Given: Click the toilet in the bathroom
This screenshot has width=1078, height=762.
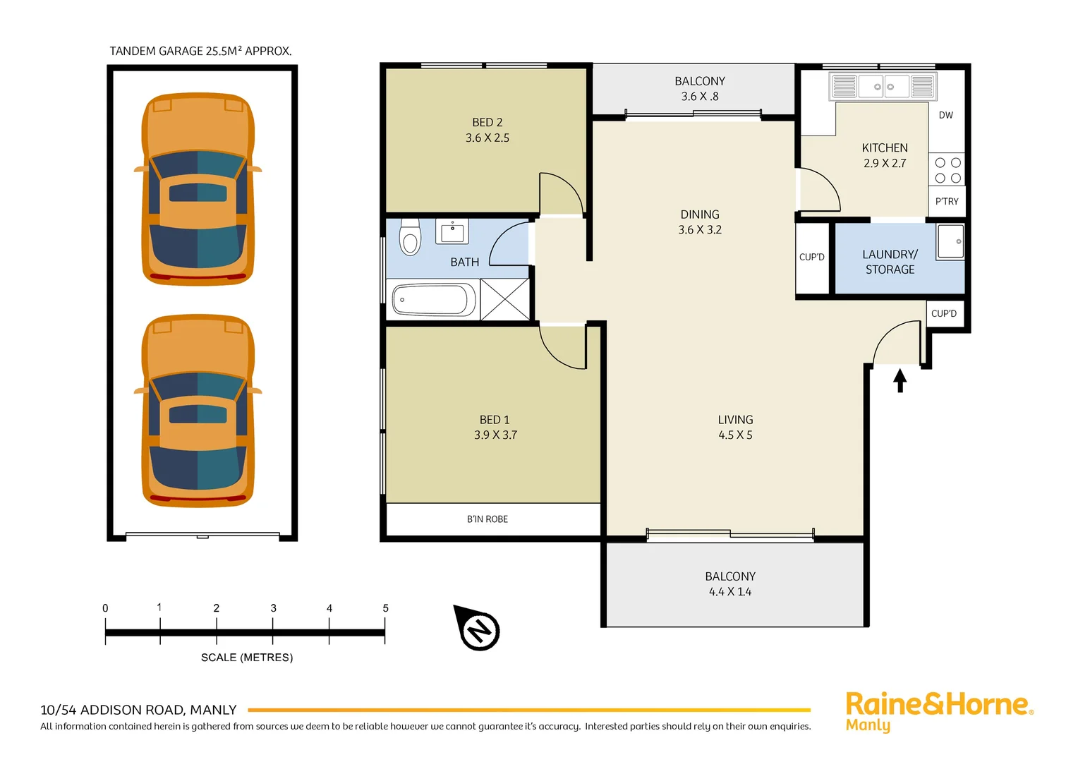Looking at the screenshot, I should (410, 237).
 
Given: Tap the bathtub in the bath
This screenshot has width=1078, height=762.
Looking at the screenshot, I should (434, 300).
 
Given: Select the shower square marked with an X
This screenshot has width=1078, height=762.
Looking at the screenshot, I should (505, 299).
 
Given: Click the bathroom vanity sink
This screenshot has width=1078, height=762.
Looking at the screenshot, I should (452, 231).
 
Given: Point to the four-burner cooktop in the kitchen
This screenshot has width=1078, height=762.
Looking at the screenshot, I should (947, 170).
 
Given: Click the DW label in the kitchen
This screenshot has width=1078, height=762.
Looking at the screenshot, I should (945, 115).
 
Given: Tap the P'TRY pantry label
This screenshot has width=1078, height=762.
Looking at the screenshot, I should (946, 201).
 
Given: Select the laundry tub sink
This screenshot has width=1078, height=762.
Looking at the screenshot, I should (950, 241).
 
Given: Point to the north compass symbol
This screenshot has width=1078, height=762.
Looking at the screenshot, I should (479, 628).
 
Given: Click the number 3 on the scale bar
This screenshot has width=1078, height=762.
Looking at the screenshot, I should (273, 608).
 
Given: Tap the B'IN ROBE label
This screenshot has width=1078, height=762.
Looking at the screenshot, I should (487, 519).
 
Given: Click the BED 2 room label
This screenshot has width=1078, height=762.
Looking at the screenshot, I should (487, 123).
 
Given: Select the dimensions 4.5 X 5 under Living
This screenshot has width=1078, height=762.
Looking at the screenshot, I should (735, 435).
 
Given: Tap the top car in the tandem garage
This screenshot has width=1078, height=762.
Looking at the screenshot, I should (198, 189).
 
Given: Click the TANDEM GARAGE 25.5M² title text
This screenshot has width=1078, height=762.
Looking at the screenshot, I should (200, 51).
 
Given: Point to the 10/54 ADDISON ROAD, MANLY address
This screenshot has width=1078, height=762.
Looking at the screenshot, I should (138, 710).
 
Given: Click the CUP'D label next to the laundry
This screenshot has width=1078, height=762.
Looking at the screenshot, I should (811, 258).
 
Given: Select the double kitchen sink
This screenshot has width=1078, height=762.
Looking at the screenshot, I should (883, 87).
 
